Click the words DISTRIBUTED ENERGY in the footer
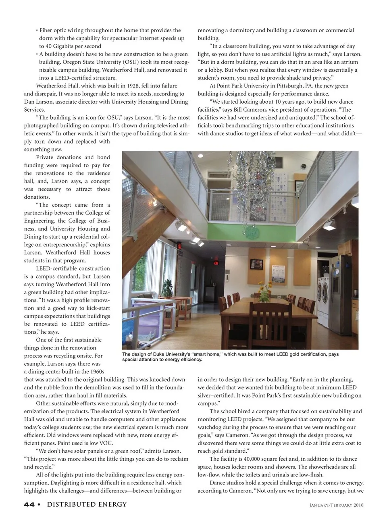[87, 504]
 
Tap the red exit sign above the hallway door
[216, 262]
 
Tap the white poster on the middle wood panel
[285, 268]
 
